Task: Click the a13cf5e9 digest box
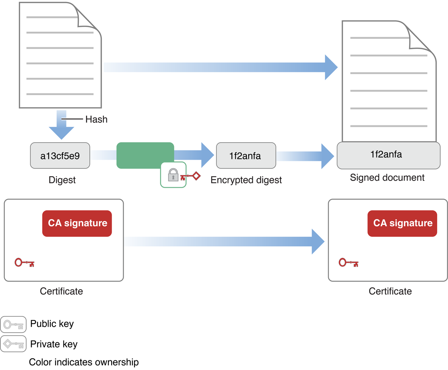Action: point(60,155)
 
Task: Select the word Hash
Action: point(96,119)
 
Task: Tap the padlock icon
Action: point(173,175)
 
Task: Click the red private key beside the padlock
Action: point(190,176)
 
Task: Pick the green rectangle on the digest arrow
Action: point(145,155)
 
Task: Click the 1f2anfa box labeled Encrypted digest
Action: point(246,155)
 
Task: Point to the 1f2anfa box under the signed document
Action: point(386,155)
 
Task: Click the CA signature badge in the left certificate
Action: point(77,223)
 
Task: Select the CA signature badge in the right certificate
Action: point(402,223)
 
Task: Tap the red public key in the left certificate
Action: point(24,263)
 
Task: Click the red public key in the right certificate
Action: point(348,263)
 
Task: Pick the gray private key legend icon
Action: point(13,344)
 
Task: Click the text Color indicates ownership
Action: point(84,362)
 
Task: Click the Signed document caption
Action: point(387,177)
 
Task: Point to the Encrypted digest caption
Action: point(246,180)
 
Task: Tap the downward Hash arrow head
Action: point(61,133)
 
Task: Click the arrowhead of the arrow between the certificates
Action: point(318,241)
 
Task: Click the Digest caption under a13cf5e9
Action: point(62,180)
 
